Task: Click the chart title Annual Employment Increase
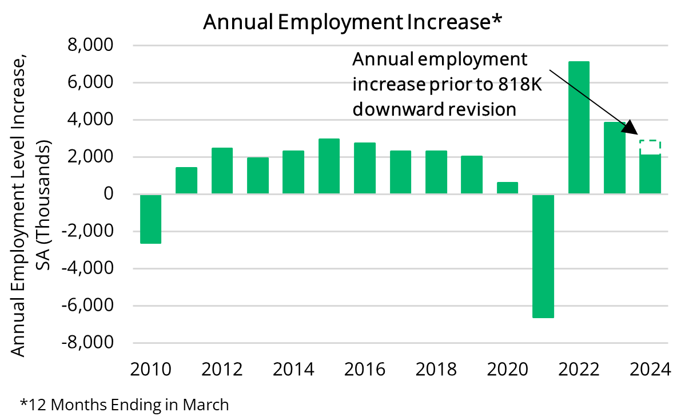pyautogui.click(x=353, y=22)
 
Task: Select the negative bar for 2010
pyautogui.click(x=150, y=219)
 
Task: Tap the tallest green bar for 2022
pyautogui.click(x=579, y=128)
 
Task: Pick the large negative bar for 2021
pyautogui.click(x=543, y=256)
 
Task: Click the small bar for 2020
pyautogui.click(x=507, y=188)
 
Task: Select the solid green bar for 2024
pyautogui.click(x=650, y=174)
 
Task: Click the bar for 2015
pyautogui.click(x=329, y=166)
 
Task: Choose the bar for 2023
pyautogui.click(x=615, y=158)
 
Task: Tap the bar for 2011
pyautogui.click(x=186, y=180)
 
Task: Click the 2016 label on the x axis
pyautogui.click(x=365, y=369)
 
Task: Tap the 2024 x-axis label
pyautogui.click(x=650, y=369)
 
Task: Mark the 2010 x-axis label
pyautogui.click(x=151, y=369)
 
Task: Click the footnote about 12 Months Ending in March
pyautogui.click(x=124, y=405)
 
